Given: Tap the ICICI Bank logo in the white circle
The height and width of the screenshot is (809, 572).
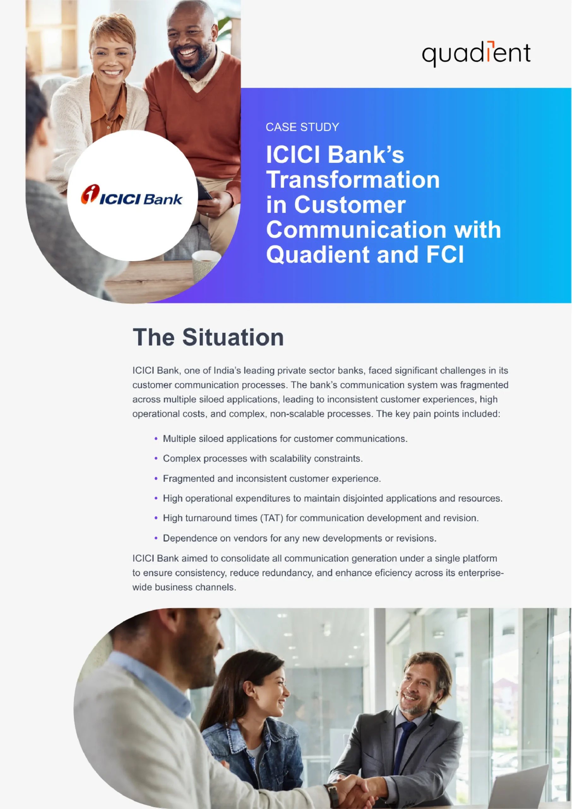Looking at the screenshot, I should (x=132, y=196).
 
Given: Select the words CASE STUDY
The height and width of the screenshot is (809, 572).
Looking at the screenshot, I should (x=302, y=127).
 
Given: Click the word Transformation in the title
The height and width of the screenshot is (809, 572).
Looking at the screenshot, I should (x=353, y=180).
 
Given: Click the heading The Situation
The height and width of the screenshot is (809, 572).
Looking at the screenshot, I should (x=208, y=338).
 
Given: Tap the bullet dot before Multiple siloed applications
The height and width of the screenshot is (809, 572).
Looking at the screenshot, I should (x=156, y=439).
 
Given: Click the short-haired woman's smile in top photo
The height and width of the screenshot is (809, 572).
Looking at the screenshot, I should (x=112, y=73).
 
